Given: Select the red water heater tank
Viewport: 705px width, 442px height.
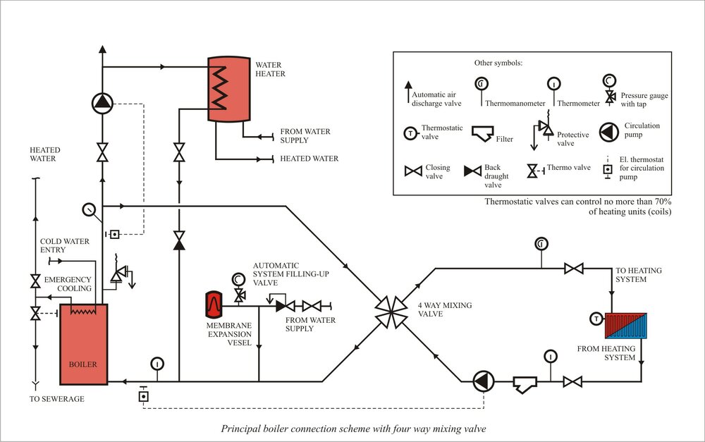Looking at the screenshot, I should click(228, 87).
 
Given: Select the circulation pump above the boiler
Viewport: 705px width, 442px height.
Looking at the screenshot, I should click(103, 104).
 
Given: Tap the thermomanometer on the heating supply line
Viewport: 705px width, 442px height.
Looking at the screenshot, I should click(541, 244).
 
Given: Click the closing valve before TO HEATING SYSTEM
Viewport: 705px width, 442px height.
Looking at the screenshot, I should click(575, 268).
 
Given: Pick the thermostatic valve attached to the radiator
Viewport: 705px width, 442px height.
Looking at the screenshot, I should click(596, 319).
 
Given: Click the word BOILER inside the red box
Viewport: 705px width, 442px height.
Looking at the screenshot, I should click(82, 364).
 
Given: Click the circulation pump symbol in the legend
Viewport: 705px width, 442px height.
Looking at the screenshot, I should click(611, 132).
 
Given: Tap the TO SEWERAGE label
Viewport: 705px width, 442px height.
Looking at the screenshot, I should click(57, 399).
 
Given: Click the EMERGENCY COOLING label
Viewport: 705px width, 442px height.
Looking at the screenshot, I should click(68, 284).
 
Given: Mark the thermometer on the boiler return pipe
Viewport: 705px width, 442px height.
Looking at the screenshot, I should click(157, 364).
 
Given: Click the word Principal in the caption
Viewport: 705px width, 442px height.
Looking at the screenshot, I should click(240, 428).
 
